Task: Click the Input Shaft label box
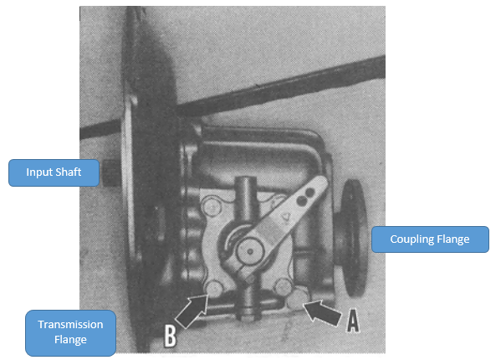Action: (54, 172)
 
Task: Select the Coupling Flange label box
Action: (430, 239)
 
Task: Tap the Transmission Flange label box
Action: (70, 332)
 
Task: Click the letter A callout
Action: (353, 321)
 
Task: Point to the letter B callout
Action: (170, 336)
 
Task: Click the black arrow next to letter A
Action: (322, 311)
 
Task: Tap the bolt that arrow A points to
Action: (297, 297)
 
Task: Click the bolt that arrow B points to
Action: (214, 288)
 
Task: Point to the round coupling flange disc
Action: (353, 239)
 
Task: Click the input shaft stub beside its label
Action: (111, 172)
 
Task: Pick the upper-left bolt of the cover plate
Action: (212, 207)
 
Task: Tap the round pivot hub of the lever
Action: (250, 252)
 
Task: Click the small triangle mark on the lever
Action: (285, 217)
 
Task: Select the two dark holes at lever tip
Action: (306, 197)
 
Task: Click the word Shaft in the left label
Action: (69, 172)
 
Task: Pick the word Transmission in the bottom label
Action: (70, 325)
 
